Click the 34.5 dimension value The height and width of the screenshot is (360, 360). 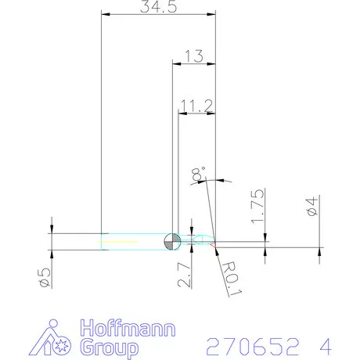coord(158,7)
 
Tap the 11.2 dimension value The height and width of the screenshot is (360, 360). coord(196,104)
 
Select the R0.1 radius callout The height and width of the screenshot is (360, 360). coord(229,278)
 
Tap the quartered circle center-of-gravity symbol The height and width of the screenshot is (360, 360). coord(171,241)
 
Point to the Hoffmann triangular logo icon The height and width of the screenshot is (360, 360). coord(56,337)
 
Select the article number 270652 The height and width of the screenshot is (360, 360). coord(250,345)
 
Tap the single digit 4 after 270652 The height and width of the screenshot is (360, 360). coord(325,345)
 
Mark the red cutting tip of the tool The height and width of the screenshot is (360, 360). coord(213,243)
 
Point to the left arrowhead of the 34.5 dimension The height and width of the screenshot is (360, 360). coord(105,14)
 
